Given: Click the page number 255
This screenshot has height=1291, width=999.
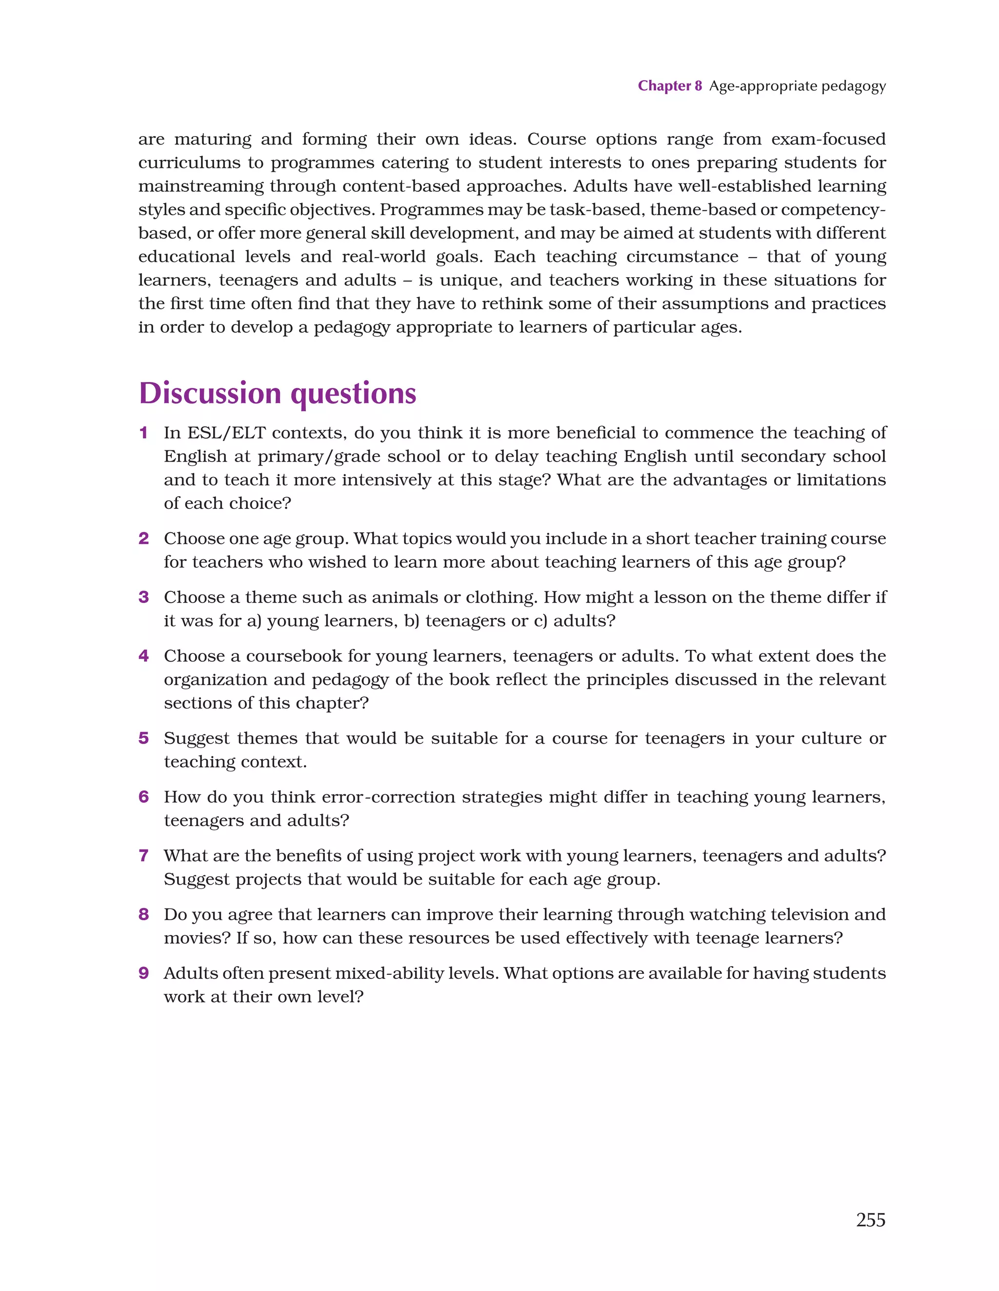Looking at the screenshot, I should [870, 1219].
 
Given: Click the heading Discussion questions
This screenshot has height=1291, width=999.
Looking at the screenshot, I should [277, 394].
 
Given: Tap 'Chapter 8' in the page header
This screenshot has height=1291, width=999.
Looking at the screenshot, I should [669, 86].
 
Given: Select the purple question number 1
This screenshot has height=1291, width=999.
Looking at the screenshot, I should [143, 433].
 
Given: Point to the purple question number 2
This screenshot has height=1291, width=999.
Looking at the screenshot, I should [143, 539].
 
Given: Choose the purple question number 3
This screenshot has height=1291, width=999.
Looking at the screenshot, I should [143, 598].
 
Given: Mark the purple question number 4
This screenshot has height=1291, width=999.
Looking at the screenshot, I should [143, 656].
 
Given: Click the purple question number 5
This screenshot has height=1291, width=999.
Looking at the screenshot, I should [143, 738].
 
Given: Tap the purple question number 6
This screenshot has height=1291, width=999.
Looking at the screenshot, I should [143, 797].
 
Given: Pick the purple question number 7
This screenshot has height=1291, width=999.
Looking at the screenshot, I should [143, 856].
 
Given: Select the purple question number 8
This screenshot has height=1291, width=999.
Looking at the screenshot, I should [143, 914].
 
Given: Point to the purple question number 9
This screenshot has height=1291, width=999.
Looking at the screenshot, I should [143, 973].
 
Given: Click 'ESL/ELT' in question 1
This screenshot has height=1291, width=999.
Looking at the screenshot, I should [226, 433].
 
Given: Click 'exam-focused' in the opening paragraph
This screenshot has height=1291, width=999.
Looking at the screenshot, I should [828, 140].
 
